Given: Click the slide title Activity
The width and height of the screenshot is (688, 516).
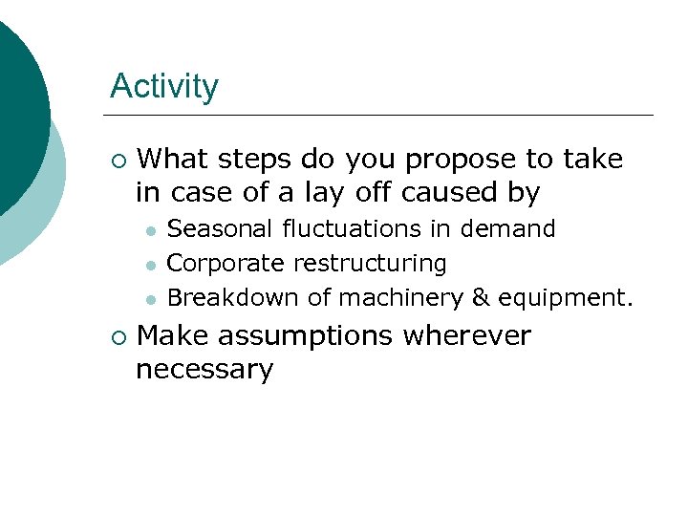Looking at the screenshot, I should point(163,87).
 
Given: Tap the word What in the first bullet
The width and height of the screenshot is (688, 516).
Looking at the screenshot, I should point(181,159).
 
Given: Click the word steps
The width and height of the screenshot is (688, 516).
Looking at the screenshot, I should point(261,159).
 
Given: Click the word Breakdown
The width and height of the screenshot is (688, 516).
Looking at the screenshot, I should point(233,297).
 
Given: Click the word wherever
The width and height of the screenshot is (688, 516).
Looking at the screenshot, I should point(466,336).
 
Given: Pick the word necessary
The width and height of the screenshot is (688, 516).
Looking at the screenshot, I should point(204,370).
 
